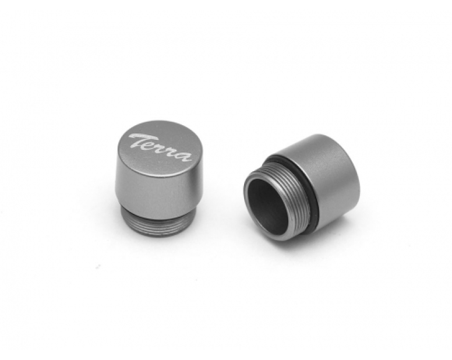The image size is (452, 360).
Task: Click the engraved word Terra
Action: [160, 148]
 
